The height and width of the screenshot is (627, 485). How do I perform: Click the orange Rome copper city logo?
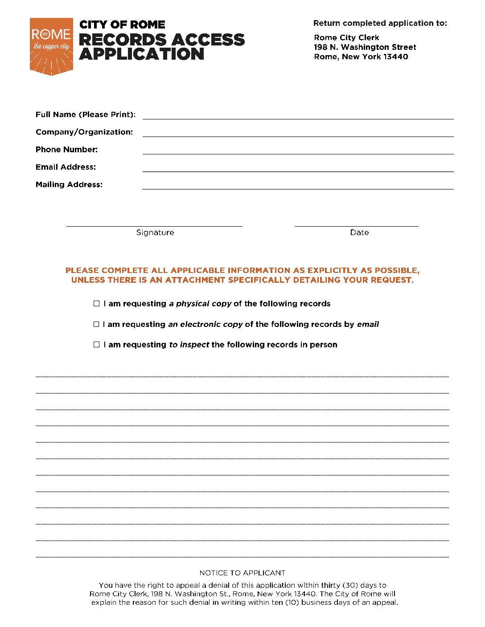pos(51,46)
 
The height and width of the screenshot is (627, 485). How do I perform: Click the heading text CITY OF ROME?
pos(122,24)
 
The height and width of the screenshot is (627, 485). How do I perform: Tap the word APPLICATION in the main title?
pos(142,54)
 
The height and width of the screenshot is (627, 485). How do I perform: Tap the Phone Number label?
pos(66,150)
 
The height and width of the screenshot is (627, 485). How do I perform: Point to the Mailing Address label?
pos(69,184)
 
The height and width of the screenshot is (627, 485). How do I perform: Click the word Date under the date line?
pos(359,232)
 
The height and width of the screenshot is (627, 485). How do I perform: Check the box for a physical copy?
pos(96,304)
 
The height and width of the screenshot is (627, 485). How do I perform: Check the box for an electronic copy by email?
pos(96,324)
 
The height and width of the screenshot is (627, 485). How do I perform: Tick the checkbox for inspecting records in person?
pos(96,345)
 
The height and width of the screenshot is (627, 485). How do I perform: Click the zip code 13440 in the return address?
pos(396,57)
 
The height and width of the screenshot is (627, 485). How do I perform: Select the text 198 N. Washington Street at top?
pos(365,47)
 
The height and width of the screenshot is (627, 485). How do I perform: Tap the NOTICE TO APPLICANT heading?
pos(242,573)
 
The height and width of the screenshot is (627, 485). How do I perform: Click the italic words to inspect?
pos(189,345)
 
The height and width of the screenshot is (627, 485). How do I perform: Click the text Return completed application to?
pos(380,23)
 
